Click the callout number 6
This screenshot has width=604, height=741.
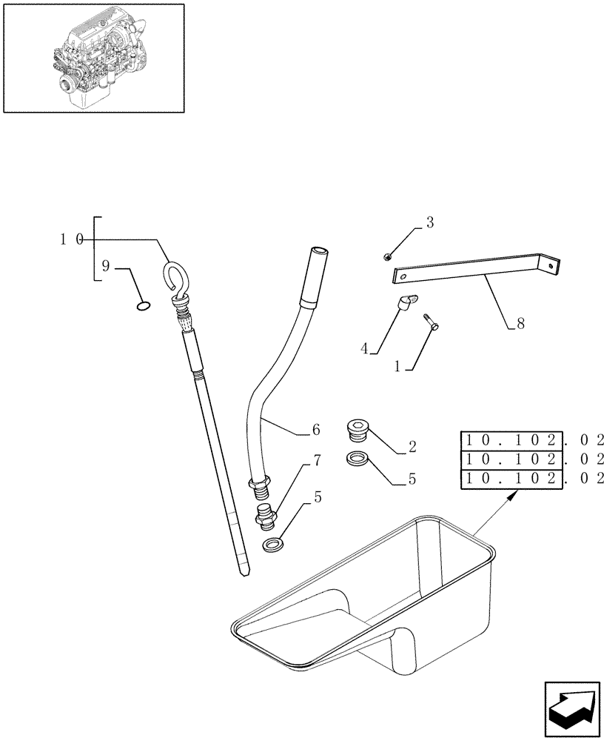click(316, 430)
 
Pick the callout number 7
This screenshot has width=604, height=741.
click(317, 462)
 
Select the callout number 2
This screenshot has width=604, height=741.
click(412, 448)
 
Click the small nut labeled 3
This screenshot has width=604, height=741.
click(388, 256)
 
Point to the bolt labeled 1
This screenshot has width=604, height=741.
click(432, 321)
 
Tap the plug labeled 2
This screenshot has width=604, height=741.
click(357, 430)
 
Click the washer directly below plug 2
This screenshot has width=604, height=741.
click(357, 459)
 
